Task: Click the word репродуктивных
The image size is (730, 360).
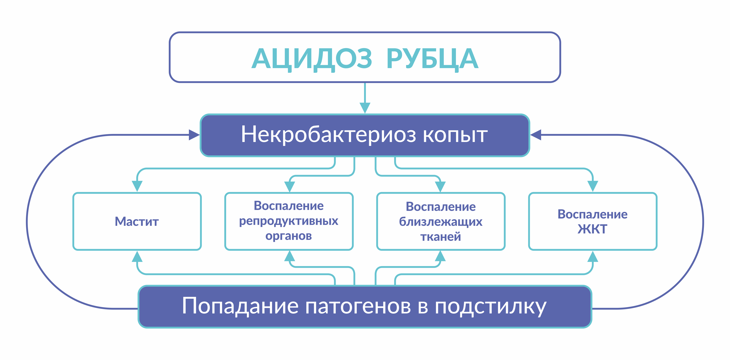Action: pos(289,221)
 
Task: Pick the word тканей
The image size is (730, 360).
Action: pos(441,237)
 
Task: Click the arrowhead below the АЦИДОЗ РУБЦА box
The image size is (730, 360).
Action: pos(365,108)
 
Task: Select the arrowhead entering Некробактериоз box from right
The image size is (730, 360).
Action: pos(536,135)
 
